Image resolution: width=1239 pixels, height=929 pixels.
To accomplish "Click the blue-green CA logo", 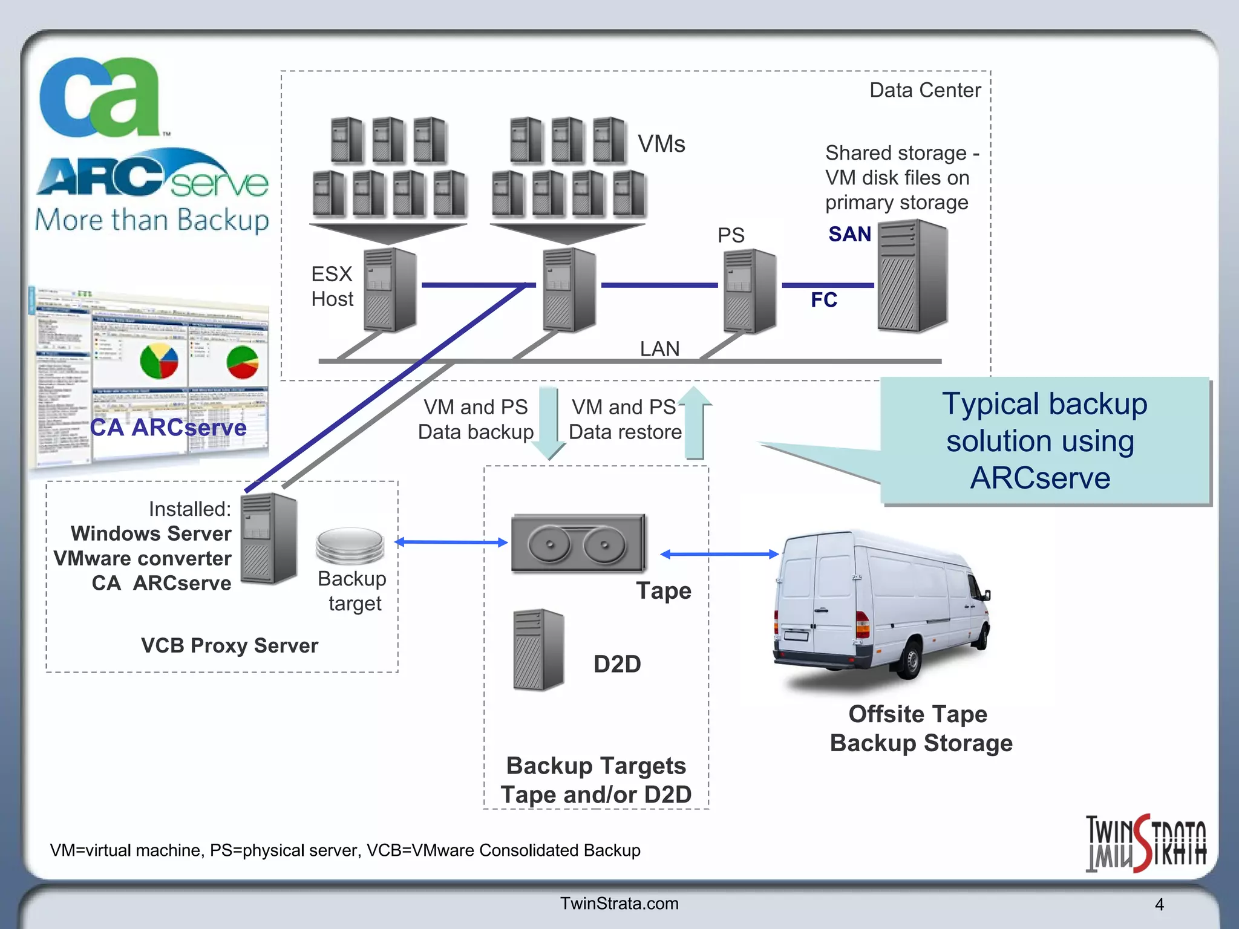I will (100, 97).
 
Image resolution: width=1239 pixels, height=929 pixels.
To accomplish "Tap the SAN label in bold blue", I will (849, 235).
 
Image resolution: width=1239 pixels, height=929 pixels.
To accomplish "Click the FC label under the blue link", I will (823, 300).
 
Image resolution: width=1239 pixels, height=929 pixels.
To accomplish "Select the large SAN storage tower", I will (912, 276).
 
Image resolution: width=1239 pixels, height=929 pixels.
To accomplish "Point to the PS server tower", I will (750, 292).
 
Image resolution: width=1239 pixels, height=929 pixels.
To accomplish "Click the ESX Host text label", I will (332, 287).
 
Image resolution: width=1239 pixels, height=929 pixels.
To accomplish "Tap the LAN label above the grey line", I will (659, 349).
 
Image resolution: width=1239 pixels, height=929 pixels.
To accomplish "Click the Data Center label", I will (924, 91).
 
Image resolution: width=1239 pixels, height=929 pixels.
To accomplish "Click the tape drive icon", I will (578, 543).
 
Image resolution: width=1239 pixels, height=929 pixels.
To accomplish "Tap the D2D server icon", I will (538, 650).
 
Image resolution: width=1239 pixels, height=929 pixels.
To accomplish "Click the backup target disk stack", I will (350, 544).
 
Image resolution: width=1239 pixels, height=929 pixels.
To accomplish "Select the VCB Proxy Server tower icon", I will (269, 538).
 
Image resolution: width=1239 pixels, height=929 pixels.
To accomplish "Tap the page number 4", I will (1159, 905).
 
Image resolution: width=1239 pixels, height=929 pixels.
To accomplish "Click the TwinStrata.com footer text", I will (619, 904).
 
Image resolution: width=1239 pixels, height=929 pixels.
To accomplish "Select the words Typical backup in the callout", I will (1044, 404).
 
